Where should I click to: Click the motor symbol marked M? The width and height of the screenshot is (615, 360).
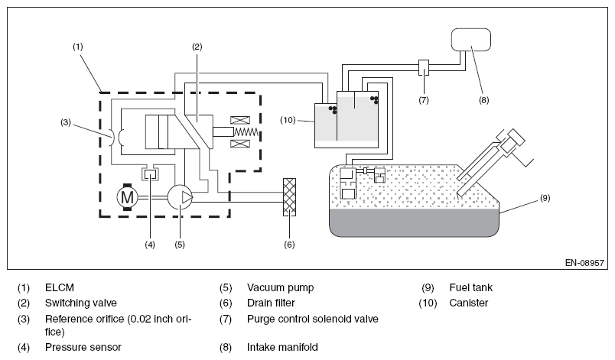pos(127,197)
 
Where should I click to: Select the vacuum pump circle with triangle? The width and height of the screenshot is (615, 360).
pos(180,197)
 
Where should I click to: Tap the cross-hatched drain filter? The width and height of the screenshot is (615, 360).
pos(289,197)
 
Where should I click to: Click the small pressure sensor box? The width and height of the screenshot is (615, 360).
pos(150,174)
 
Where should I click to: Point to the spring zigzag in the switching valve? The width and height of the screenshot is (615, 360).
pos(246,132)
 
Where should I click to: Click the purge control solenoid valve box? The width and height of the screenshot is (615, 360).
pos(424,68)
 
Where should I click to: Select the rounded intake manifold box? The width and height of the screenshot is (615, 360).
pos(471,40)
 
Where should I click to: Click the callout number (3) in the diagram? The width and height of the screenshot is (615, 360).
pos(66,122)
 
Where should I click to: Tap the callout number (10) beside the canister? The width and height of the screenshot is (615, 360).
pos(288,120)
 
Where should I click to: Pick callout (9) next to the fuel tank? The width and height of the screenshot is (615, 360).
pos(545,198)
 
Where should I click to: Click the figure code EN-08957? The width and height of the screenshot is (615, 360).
pos(584,263)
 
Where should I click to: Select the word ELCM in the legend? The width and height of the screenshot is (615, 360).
pos(60,287)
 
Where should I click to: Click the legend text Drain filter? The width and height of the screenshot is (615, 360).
pos(271,303)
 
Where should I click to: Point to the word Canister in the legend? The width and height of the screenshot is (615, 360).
pos(469,303)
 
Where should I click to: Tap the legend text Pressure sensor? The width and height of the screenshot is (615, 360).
pos(83,347)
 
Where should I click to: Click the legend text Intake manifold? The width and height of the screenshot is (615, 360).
pos(282,347)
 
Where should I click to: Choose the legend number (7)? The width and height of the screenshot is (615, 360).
pos(226,319)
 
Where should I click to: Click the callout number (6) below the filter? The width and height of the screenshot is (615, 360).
pos(289,245)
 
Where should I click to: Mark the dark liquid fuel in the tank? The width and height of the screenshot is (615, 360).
pos(414,222)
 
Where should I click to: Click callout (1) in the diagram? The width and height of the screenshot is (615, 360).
pos(78,47)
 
